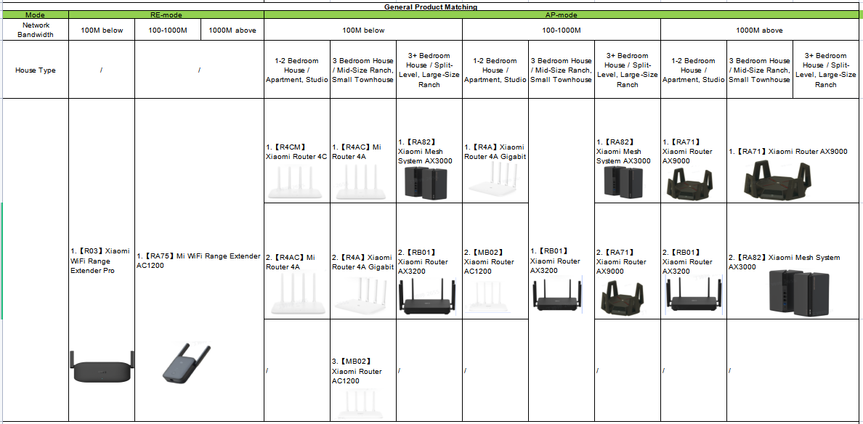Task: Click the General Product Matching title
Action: [431, 7]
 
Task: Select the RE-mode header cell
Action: [166, 15]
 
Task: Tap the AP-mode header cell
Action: [561, 15]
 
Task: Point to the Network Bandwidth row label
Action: [35, 30]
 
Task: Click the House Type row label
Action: [35, 70]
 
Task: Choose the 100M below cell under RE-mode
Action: [102, 30]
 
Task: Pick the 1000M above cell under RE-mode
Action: [232, 30]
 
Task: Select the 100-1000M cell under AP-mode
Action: [561, 30]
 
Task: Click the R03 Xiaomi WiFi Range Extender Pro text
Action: [100, 261]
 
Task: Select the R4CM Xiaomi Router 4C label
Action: [296, 151]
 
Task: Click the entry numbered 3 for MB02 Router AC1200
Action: [357, 370]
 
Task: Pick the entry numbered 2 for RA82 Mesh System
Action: [783, 261]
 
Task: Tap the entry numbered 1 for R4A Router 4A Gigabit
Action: [494, 151]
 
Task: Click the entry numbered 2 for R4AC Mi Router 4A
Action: [290, 261]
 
